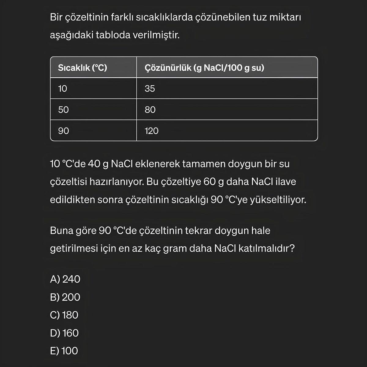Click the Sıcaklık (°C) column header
coord(83,68)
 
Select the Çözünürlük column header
coord(204,68)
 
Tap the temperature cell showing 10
coord(63,89)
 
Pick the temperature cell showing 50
coord(64,109)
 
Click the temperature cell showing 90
coord(64,131)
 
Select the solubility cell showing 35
coord(150,89)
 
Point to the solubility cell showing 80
coord(150,109)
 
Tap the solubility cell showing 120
coord(152,131)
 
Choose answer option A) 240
coord(65,279)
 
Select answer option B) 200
coord(65,297)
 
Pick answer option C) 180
coord(64,315)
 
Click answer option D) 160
coord(65,333)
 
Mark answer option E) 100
coord(64,351)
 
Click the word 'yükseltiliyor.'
coord(278,200)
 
